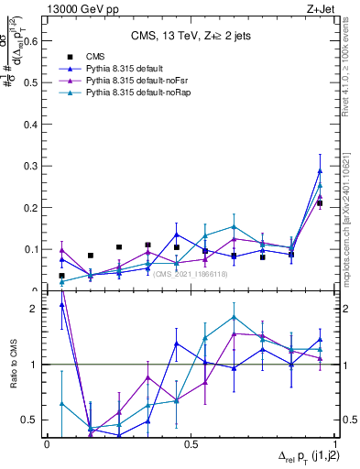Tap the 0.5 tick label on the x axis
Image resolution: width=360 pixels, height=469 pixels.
tap(191, 444)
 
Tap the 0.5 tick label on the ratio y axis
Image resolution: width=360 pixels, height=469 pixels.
tap(31, 420)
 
